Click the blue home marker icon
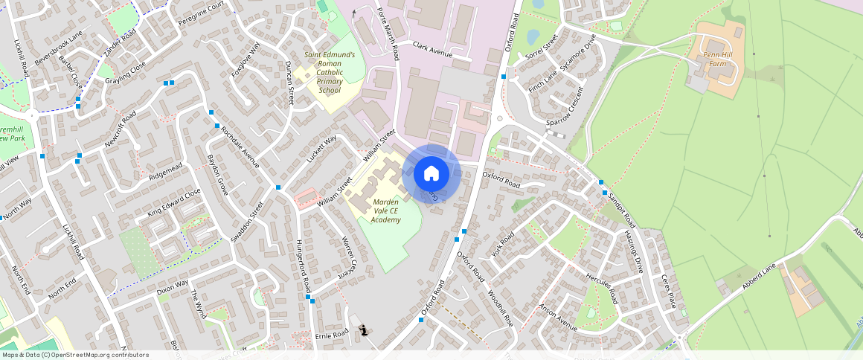coord(431,174)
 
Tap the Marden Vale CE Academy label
coord(386,210)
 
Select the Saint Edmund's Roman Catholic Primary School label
coord(330,72)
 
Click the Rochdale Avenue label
coord(240,145)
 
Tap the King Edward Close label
coord(174,202)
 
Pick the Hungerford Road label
coord(301,266)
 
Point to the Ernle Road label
coord(331,335)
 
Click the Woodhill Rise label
coord(499,309)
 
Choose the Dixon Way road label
coord(173,288)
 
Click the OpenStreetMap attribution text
coord(74,355)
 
